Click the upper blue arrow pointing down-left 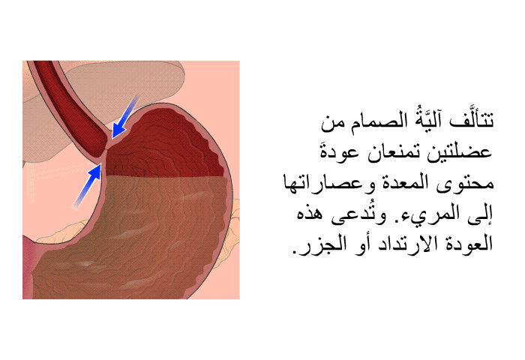click(124, 117)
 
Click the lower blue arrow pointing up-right click(87, 186)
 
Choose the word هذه click(309, 214)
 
